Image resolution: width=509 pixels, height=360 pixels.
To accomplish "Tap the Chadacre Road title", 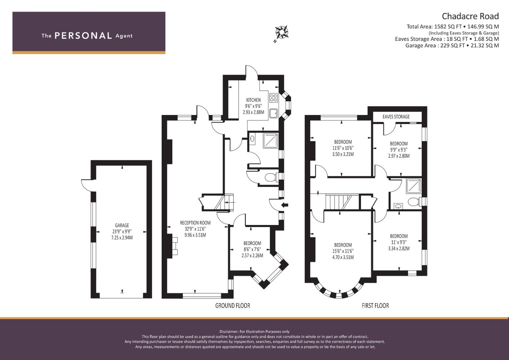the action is [470, 16].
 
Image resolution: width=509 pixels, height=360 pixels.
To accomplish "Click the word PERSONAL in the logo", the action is [83, 36].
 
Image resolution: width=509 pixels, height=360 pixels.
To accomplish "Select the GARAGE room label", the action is [122, 225].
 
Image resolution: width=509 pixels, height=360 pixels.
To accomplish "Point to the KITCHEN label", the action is [253, 100].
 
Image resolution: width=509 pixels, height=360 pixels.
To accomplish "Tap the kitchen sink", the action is [273, 113].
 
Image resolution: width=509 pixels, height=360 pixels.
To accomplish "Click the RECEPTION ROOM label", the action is [195, 223].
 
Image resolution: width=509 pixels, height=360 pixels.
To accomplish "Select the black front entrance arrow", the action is [285, 205].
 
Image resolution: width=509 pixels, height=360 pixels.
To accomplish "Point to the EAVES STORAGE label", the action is [396, 117].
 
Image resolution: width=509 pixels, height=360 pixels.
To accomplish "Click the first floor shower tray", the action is [414, 186].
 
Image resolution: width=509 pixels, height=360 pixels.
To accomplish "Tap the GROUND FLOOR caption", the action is [233, 306].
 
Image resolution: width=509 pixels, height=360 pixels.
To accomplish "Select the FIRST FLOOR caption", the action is [375, 306].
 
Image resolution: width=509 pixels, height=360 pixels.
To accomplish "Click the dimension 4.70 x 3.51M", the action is [343, 257].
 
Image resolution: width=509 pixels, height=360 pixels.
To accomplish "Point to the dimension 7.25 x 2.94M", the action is [122, 238].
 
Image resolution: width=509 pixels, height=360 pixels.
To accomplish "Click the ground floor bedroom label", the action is [252, 243].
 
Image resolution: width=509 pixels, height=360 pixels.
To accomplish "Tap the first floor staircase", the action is [339, 201].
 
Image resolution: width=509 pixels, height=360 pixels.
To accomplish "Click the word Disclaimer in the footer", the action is [229, 332].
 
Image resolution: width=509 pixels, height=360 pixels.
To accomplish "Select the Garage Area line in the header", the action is [452, 45].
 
